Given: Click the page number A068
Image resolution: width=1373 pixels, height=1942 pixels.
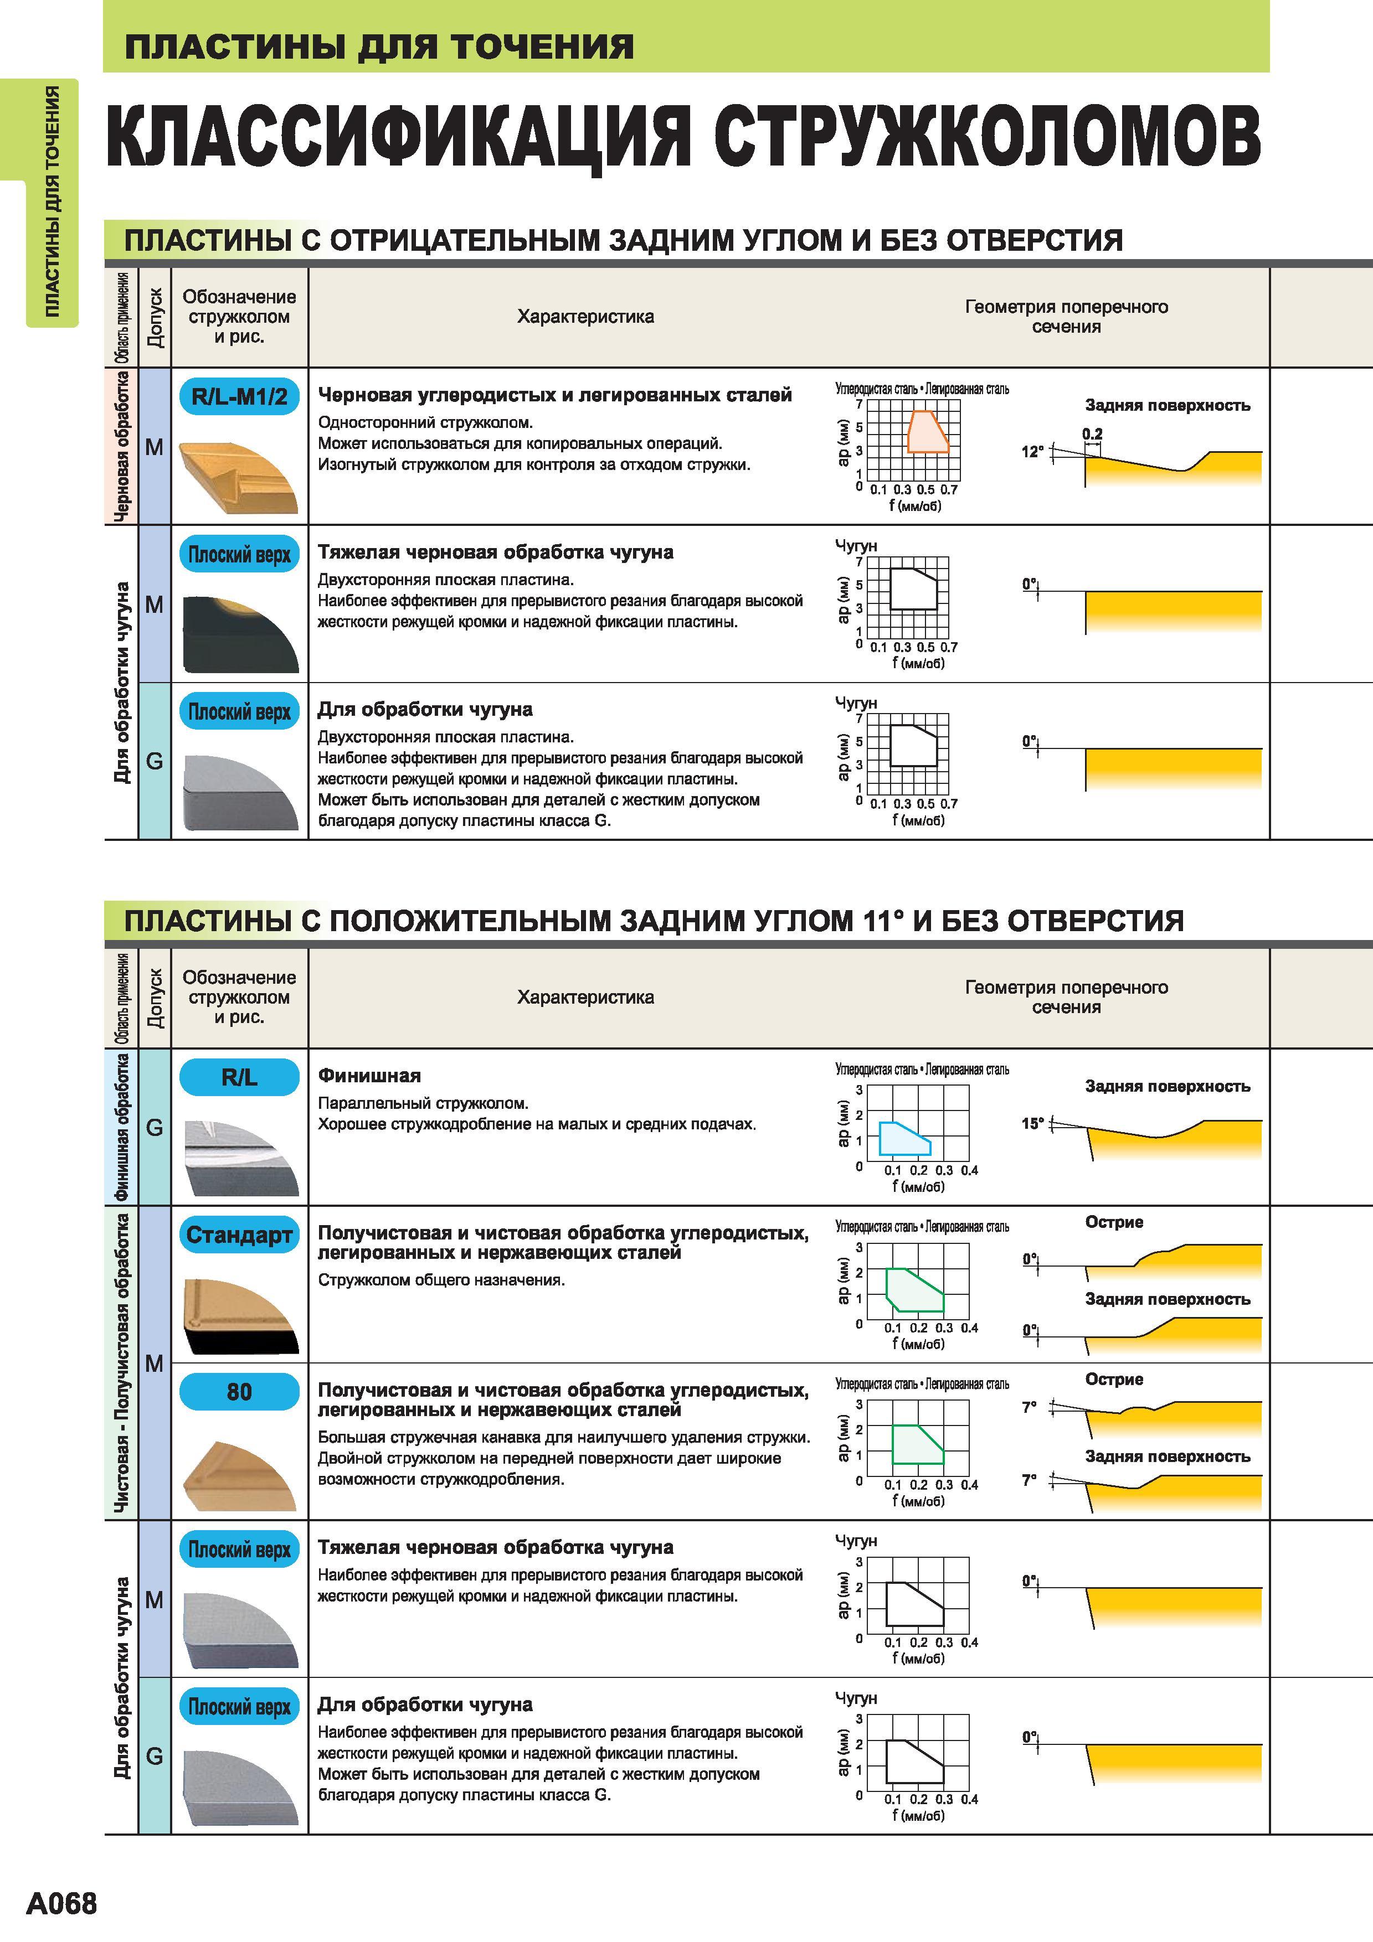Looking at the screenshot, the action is (x=62, y=1903).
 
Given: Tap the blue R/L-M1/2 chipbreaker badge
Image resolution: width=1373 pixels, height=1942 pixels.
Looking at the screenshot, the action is (x=239, y=396).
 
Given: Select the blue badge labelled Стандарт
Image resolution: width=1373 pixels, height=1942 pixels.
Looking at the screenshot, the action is (x=239, y=1235).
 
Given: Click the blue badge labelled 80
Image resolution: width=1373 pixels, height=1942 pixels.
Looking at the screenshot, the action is (x=239, y=1391).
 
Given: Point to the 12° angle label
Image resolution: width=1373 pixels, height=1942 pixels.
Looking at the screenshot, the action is (x=1032, y=452).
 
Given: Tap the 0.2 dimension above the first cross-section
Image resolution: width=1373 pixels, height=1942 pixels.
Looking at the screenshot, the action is (x=1092, y=434).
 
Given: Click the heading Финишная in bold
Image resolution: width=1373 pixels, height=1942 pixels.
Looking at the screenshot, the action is (x=369, y=1076).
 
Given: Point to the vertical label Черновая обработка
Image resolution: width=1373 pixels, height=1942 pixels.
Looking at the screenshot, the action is (x=122, y=446).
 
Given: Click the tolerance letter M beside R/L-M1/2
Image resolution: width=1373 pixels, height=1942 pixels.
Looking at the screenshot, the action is (x=154, y=447).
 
